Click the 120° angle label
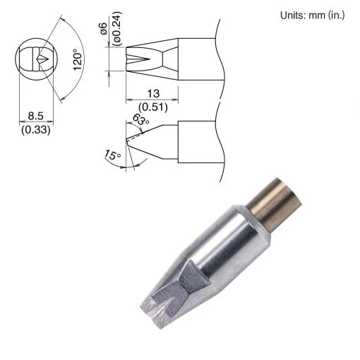78,59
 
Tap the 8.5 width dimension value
36,116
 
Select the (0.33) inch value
36,130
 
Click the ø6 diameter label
104,29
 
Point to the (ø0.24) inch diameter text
117,28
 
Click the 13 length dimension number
153,93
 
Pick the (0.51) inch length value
153,107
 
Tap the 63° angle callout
140,120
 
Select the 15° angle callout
112,155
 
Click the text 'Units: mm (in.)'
313,16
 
